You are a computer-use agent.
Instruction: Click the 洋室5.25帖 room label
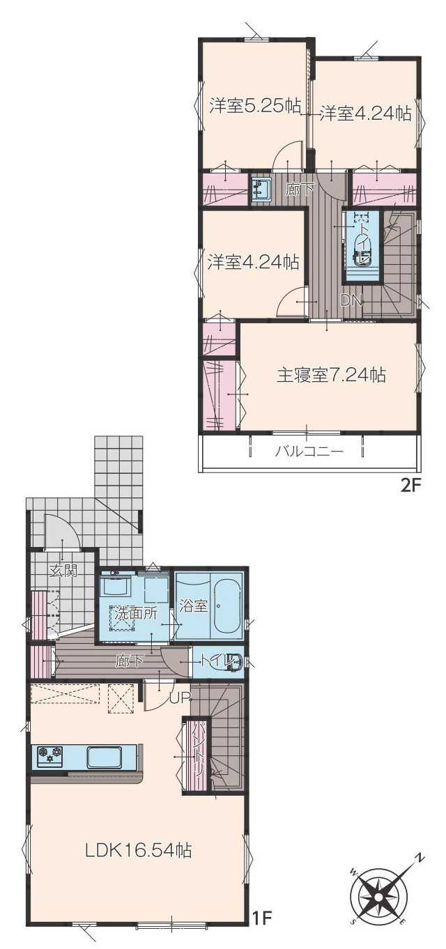tap(255, 106)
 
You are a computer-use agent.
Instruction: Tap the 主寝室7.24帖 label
tap(332, 376)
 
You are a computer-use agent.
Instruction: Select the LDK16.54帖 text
tap(139, 850)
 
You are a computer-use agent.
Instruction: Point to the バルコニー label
tap(309, 452)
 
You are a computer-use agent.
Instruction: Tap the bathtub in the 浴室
tap(227, 606)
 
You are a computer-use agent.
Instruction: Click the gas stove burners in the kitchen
tap(50, 755)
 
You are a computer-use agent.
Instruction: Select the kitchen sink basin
tap(105, 757)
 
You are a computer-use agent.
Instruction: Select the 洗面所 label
tap(136, 614)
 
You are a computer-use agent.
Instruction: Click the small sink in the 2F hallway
tap(261, 190)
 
